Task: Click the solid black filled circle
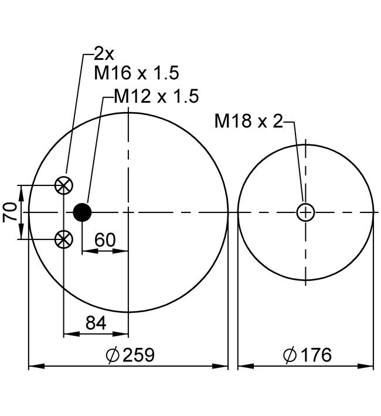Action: (x=82, y=212)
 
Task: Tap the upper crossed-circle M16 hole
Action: (x=63, y=185)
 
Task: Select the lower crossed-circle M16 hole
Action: (x=63, y=239)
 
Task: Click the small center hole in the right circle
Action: (x=305, y=212)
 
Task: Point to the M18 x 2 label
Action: (x=249, y=121)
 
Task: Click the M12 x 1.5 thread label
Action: (x=157, y=96)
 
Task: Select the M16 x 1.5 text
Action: (x=137, y=73)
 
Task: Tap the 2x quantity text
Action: (x=104, y=54)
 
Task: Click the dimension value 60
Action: (x=105, y=240)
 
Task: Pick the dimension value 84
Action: (x=96, y=323)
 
